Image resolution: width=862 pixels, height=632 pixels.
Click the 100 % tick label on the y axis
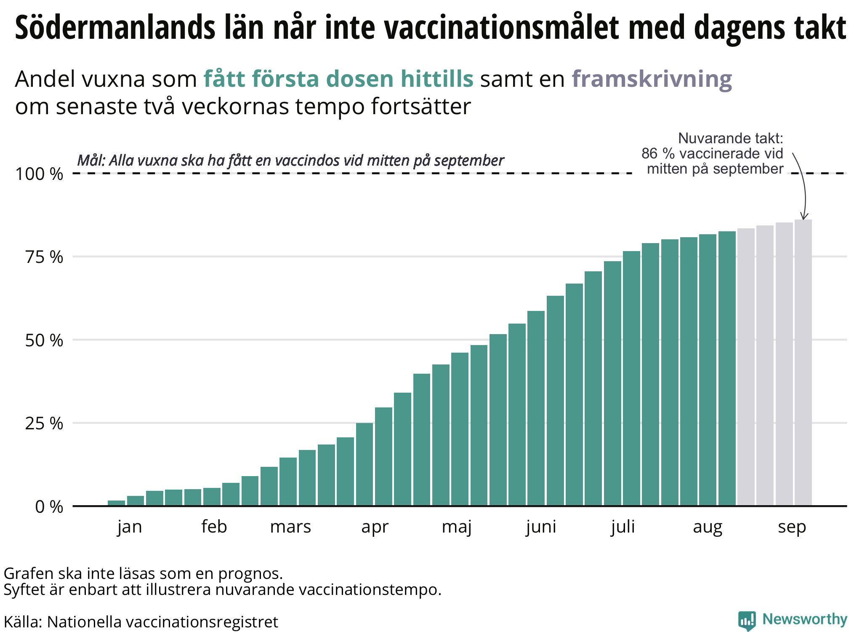[39, 174]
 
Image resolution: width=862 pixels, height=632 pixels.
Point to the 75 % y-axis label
[44, 257]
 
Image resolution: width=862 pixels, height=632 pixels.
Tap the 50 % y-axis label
[44, 340]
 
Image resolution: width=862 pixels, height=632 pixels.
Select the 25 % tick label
[44, 423]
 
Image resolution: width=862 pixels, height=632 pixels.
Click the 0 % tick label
[49, 507]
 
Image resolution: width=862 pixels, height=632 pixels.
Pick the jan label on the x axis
[130, 527]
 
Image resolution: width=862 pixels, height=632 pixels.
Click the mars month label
[290, 527]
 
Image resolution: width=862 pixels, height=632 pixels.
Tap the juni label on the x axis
[541, 527]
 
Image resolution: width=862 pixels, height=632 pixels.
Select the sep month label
[792, 527]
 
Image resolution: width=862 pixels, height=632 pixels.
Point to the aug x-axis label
[708, 527]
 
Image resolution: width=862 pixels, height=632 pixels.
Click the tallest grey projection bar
[803, 362]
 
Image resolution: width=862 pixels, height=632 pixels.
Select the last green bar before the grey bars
[727, 369]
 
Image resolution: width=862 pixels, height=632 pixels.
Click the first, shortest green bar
[116, 503]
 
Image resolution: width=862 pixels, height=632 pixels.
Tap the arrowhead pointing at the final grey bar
[803, 217]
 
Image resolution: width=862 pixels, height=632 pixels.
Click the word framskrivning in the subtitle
[652, 79]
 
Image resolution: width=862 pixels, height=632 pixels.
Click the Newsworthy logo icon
[747, 621]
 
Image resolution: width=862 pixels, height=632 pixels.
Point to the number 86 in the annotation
[649, 154]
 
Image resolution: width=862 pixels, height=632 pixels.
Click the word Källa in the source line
[21, 622]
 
